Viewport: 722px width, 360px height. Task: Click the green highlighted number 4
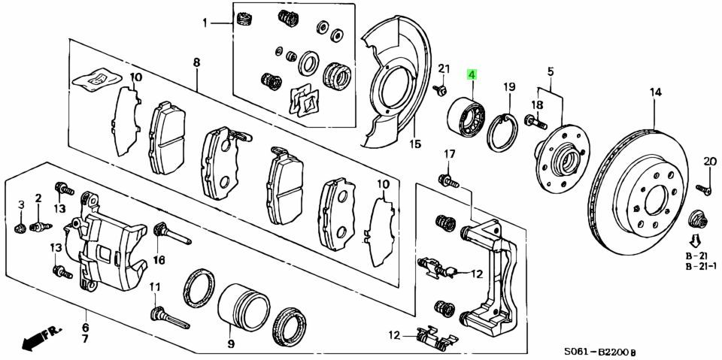(x=472, y=74)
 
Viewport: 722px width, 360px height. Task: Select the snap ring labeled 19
(x=503, y=132)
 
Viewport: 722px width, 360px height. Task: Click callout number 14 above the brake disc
(x=656, y=92)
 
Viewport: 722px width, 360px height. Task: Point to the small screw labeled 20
(x=704, y=189)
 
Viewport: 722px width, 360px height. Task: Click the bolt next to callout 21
(x=440, y=90)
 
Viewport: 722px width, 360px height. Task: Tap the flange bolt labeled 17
(x=449, y=181)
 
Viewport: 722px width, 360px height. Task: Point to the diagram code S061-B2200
(x=597, y=352)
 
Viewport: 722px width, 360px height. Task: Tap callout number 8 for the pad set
(x=196, y=62)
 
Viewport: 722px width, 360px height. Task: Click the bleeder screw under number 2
(x=40, y=226)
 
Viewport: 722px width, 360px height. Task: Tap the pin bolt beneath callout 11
(x=169, y=318)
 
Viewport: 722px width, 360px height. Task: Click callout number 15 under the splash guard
(x=415, y=144)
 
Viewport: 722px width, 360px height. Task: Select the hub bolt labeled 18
(x=535, y=122)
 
